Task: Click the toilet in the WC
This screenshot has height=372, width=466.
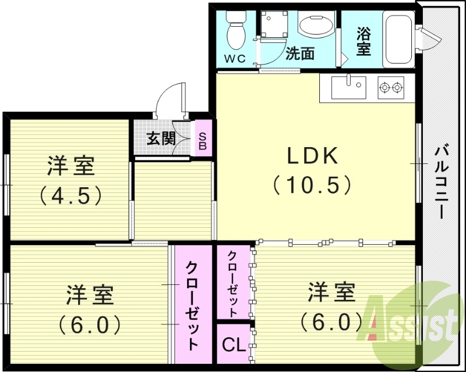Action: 236,30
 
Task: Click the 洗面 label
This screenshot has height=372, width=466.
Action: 300,54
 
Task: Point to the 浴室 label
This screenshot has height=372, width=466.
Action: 363,41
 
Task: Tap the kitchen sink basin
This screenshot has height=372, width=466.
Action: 349,89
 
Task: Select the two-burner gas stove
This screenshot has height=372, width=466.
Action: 391,88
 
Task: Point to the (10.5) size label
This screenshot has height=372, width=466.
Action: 312,185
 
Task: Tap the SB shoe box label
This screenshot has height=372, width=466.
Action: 202,139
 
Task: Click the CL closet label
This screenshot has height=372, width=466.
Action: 234,344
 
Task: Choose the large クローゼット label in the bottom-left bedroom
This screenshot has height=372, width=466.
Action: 192,305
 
